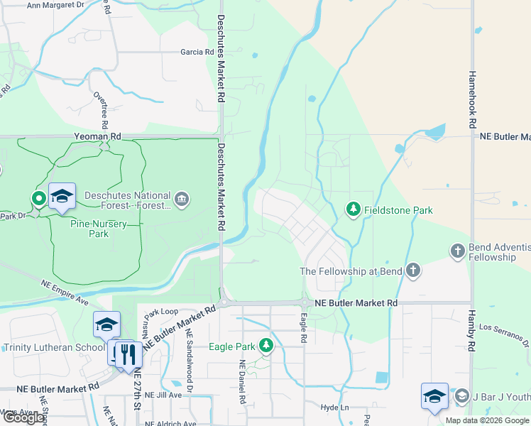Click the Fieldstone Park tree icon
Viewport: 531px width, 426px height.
click(353, 209)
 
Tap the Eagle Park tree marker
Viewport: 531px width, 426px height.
click(266, 346)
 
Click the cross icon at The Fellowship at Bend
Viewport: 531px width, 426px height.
click(412, 271)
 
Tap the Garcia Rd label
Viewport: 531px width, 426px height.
click(197, 52)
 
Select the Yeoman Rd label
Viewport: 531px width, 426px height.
click(97, 136)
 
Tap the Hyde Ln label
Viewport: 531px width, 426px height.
click(334, 408)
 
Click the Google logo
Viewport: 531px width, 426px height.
click(23, 417)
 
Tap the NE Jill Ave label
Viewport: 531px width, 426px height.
click(163, 395)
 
